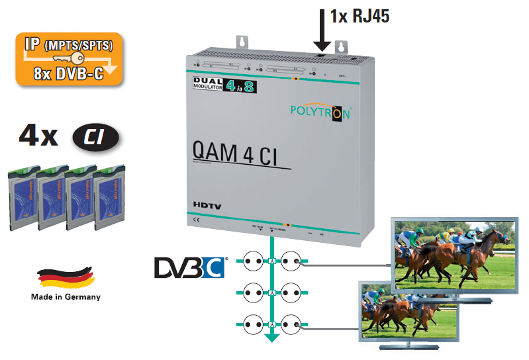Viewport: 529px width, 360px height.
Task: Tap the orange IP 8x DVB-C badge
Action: click(70, 59)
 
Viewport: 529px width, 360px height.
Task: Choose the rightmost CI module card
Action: click(110, 199)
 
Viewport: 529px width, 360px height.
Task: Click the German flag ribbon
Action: click(65, 277)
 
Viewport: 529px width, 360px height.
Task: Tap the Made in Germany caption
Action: click(66, 297)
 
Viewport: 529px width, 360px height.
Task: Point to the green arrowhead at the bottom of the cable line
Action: click(271, 338)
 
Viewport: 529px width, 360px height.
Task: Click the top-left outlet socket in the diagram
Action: click(254, 261)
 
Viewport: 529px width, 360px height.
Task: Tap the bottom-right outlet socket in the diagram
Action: click(291, 326)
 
